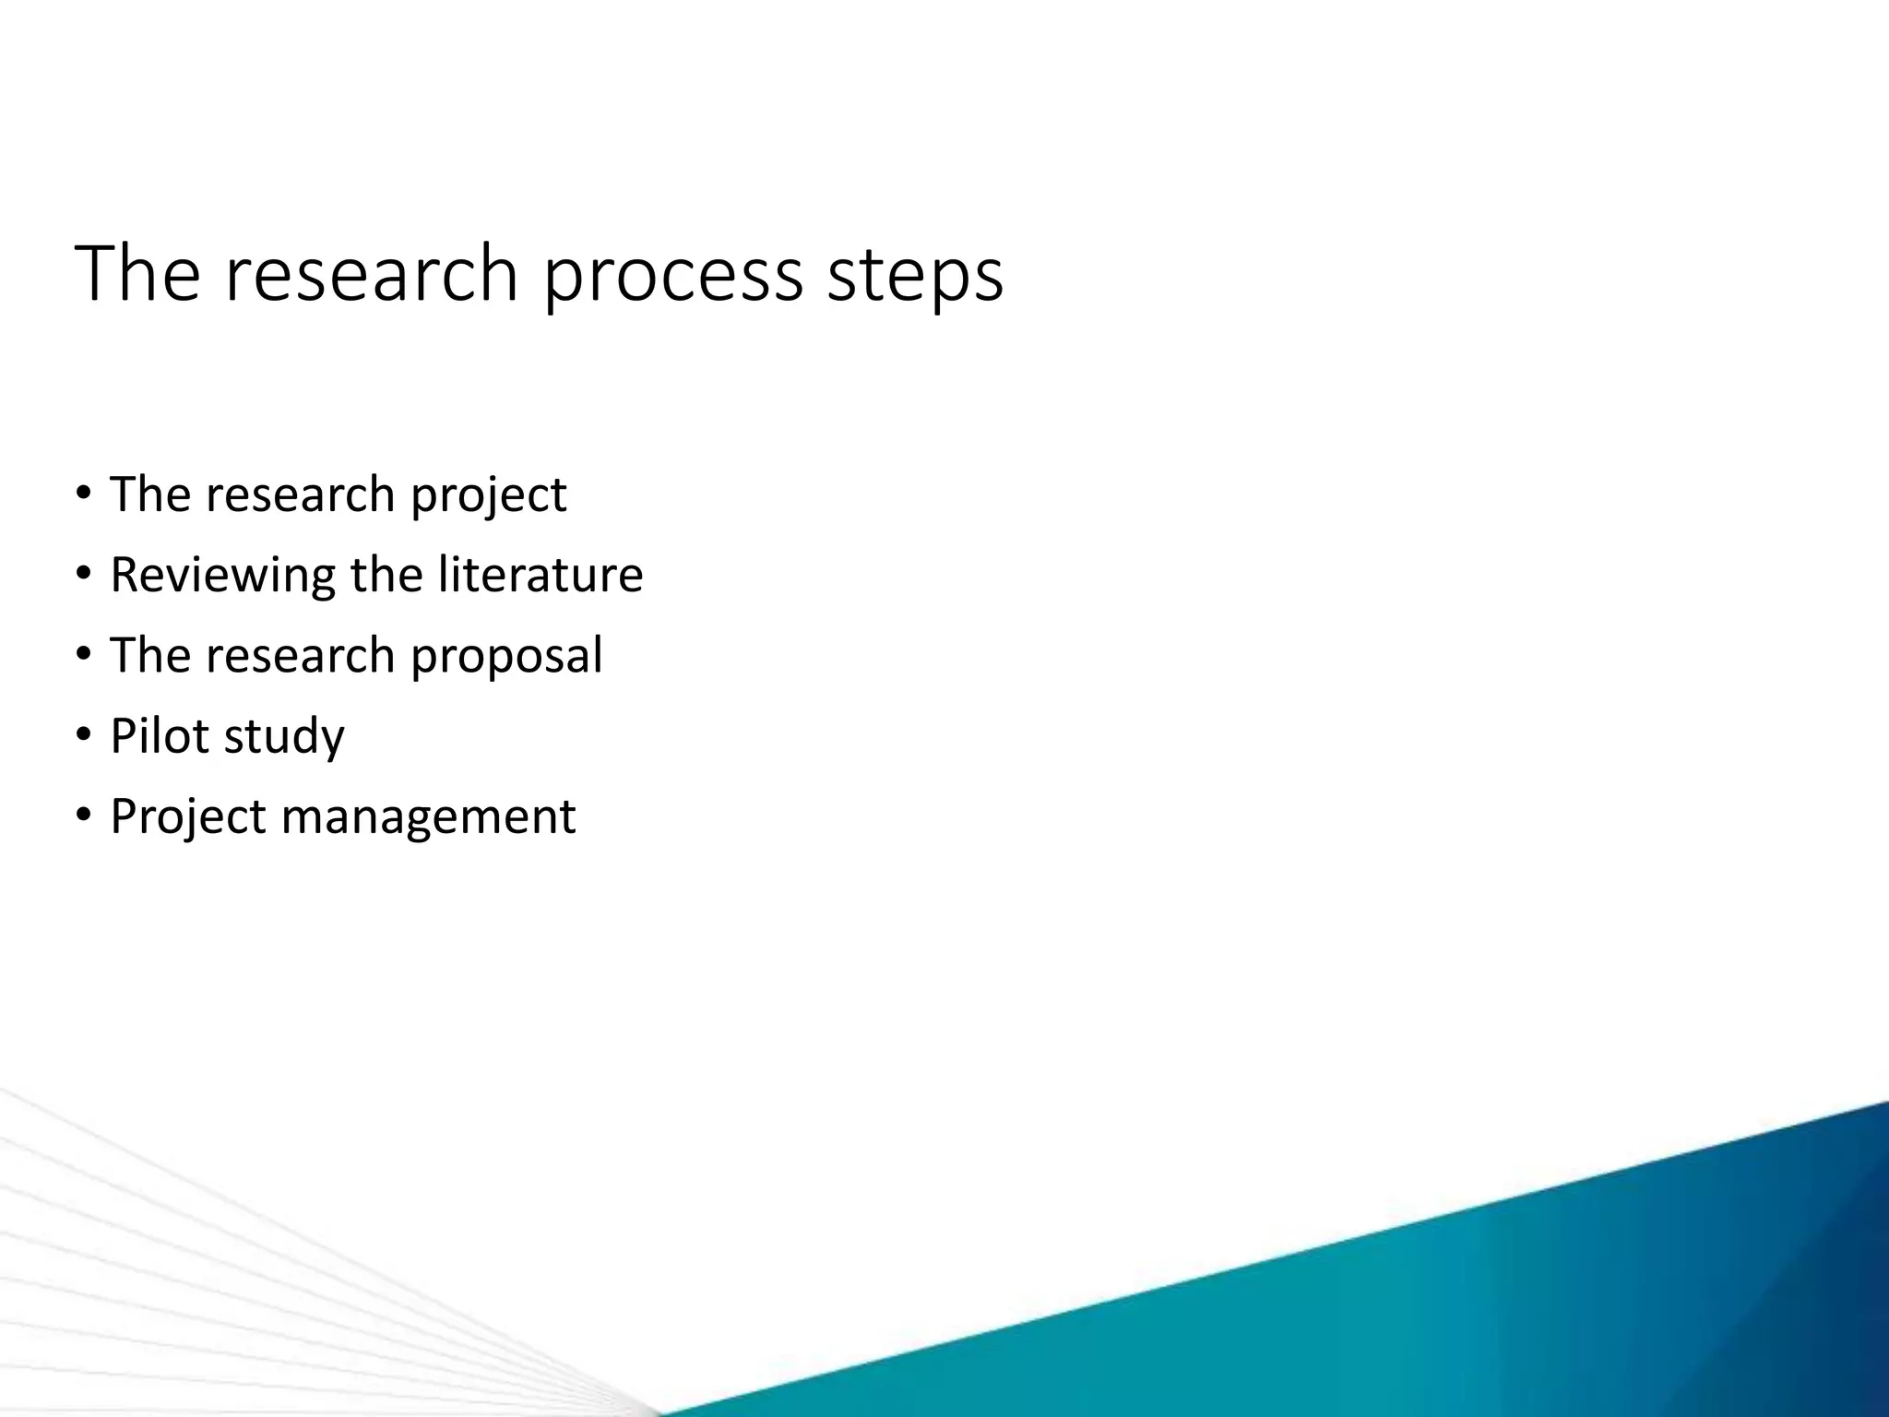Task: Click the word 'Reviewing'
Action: click(222, 576)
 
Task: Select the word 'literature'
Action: click(540, 574)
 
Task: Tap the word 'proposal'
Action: click(506, 656)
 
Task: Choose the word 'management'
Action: click(428, 816)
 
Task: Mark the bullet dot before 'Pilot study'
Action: click(84, 736)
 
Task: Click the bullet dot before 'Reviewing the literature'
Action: click(84, 575)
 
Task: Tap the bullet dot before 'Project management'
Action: click(84, 816)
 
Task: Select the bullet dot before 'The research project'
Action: click(84, 494)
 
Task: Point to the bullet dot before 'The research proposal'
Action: click(84, 655)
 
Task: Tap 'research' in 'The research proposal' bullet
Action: click(300, 656)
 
